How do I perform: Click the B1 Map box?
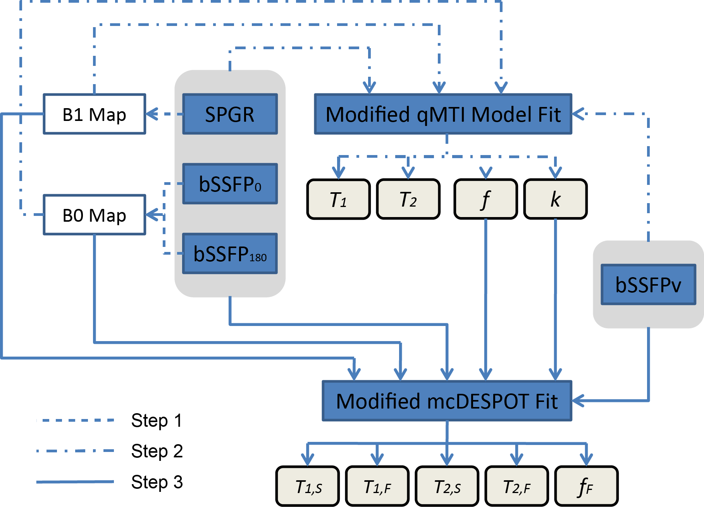[x=94, y=114]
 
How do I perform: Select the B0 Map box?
[x=94, y=215]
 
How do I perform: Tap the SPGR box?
[x=230, y=114]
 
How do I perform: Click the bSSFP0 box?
[x=230, y=184]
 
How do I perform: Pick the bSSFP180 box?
[x=230, y=254]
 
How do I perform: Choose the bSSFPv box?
[x=648, y=285]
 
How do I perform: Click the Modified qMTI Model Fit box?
[x=443, y=114]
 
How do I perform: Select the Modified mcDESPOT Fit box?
[x=447, y=401]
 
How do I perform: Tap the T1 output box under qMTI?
[x=339, y=200]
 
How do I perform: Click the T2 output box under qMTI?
[x=408, y=200]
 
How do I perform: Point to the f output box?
[x=485, y=200]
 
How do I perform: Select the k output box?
[x=555, y=200]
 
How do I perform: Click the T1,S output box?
[x=308, y=486]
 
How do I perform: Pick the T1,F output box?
[x=377, y=486]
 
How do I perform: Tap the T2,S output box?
[x=447, y=486]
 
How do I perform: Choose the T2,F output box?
[x=516, y=486]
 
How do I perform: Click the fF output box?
[x=586, y=486]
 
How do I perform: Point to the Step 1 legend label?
[x=157, y=421]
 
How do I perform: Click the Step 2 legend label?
[x=157, y=451]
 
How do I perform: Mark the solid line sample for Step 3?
[x=75, y=482]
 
